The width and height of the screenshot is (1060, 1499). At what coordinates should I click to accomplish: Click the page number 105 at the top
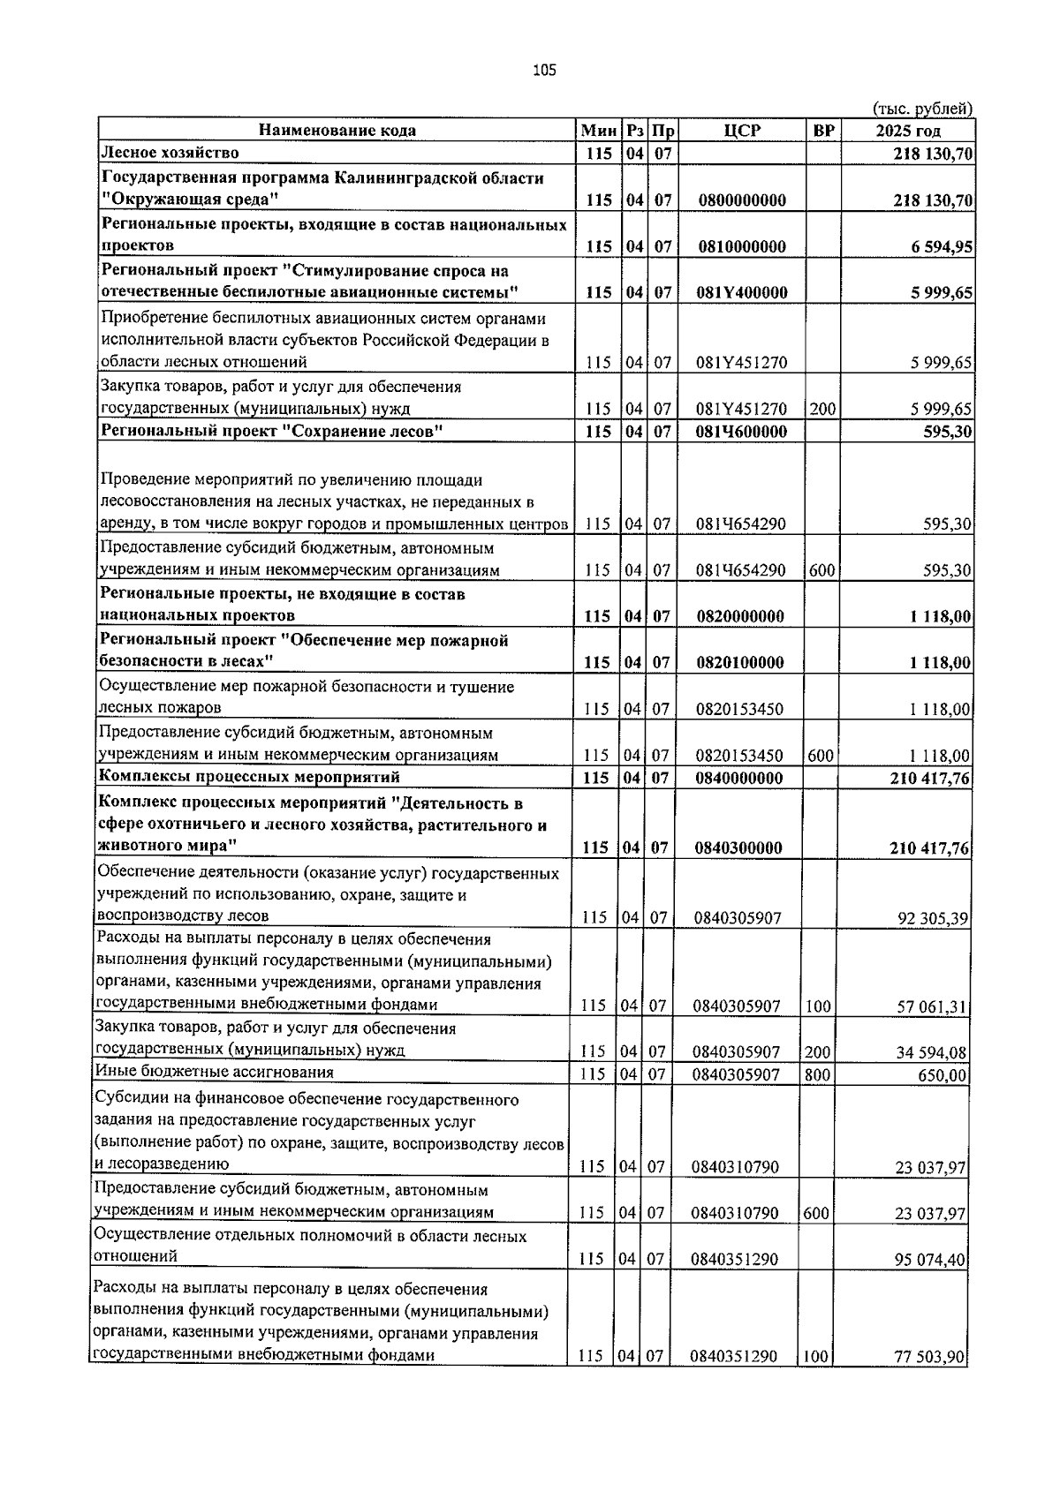[x=544, y=72]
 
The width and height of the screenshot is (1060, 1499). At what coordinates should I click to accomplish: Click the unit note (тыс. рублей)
[x=922, y=109]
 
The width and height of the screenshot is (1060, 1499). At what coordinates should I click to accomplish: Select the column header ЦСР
[x=741, y=131]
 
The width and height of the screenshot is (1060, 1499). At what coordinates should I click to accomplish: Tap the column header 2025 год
[x=907, y=131]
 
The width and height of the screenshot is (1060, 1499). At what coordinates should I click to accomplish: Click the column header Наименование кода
[x=337, y=131]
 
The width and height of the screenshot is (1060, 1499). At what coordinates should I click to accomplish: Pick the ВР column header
[x=823, y=131]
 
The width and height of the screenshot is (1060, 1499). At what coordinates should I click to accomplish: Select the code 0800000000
[x=741, y=200]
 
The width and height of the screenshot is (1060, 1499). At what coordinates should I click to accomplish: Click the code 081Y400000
[x=741, y=293]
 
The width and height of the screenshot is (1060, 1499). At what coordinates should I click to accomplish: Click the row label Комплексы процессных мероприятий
[x=249, y=777]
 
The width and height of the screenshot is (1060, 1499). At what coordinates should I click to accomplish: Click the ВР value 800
[x=817, y=1074]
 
